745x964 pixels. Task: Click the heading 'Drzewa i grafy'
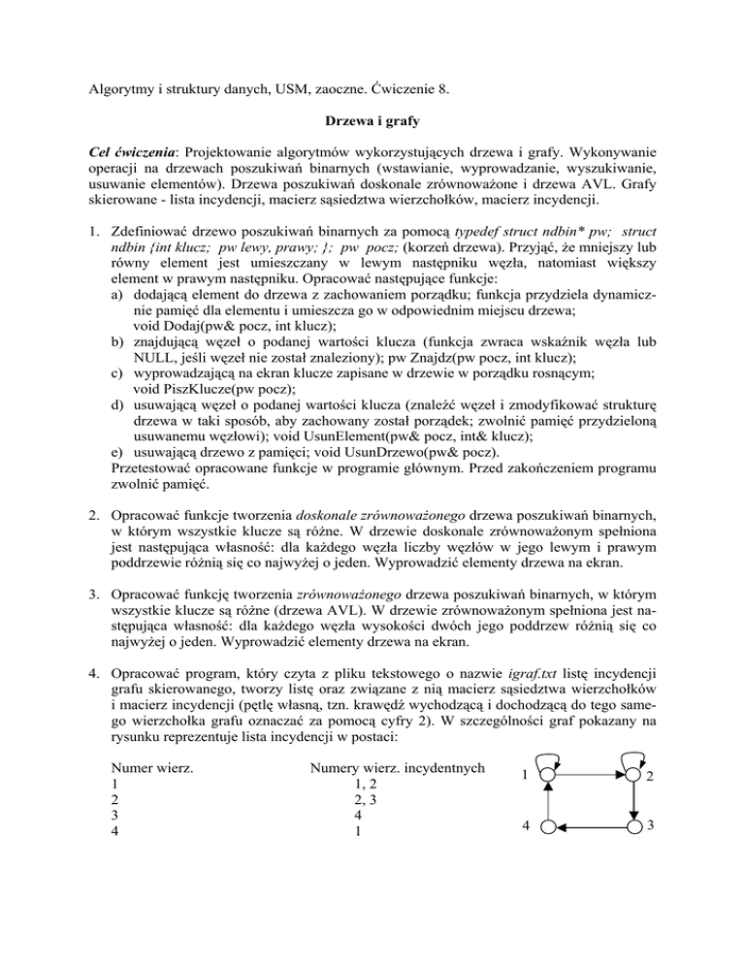(372, 125)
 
